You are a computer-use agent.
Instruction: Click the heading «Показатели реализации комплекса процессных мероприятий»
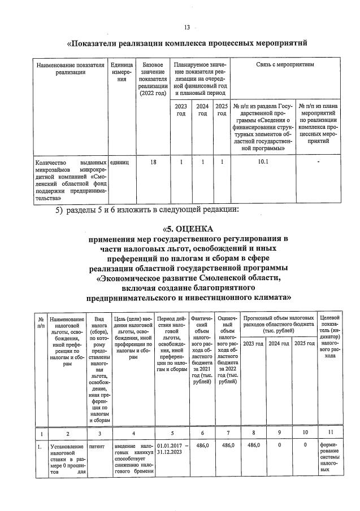[187, 43]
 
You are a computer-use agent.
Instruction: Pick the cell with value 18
[153, 163]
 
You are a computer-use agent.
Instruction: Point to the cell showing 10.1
[263, 163]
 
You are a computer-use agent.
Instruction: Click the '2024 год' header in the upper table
[202, 110]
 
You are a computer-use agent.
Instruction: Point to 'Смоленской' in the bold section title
[224, 277]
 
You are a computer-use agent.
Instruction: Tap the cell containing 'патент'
[97, 446]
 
